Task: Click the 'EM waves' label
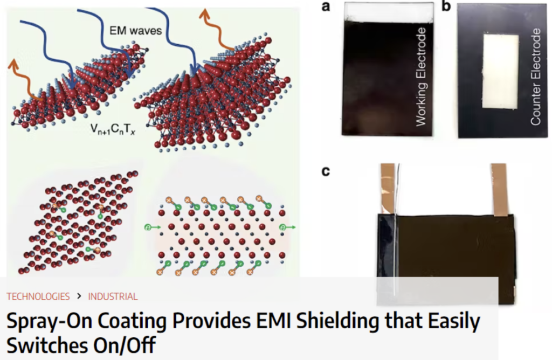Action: pyautogui.click(x=135, y=31)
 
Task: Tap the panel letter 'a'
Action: pyautogui.click(x=325, y=7)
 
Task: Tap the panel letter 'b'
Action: pyautogui.click(x=446, y=7)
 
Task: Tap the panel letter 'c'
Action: pyautogui.click(x=325, y=172)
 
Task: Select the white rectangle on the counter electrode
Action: pyautogui.click(x=500, y=72)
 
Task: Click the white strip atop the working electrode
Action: pyautogui.click(x=389, y=12)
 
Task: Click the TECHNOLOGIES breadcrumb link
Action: pyautogui.click(x=38, y=296)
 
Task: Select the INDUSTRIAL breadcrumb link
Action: pyautogui.click(x=113, y=296)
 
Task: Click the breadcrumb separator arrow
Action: pyautogui.click(x=79, y=296)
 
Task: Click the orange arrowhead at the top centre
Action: pyautogui.click(x=204, y=13)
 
